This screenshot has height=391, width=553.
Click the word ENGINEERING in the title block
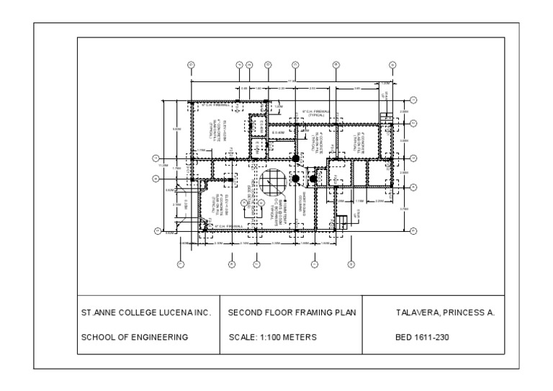click(159, 336)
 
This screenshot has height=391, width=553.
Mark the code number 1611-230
click(431, 336)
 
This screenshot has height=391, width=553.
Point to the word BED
click(404, 336)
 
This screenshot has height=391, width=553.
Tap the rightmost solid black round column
click(313, 178)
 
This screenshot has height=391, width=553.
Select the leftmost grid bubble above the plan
click(191, 65)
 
